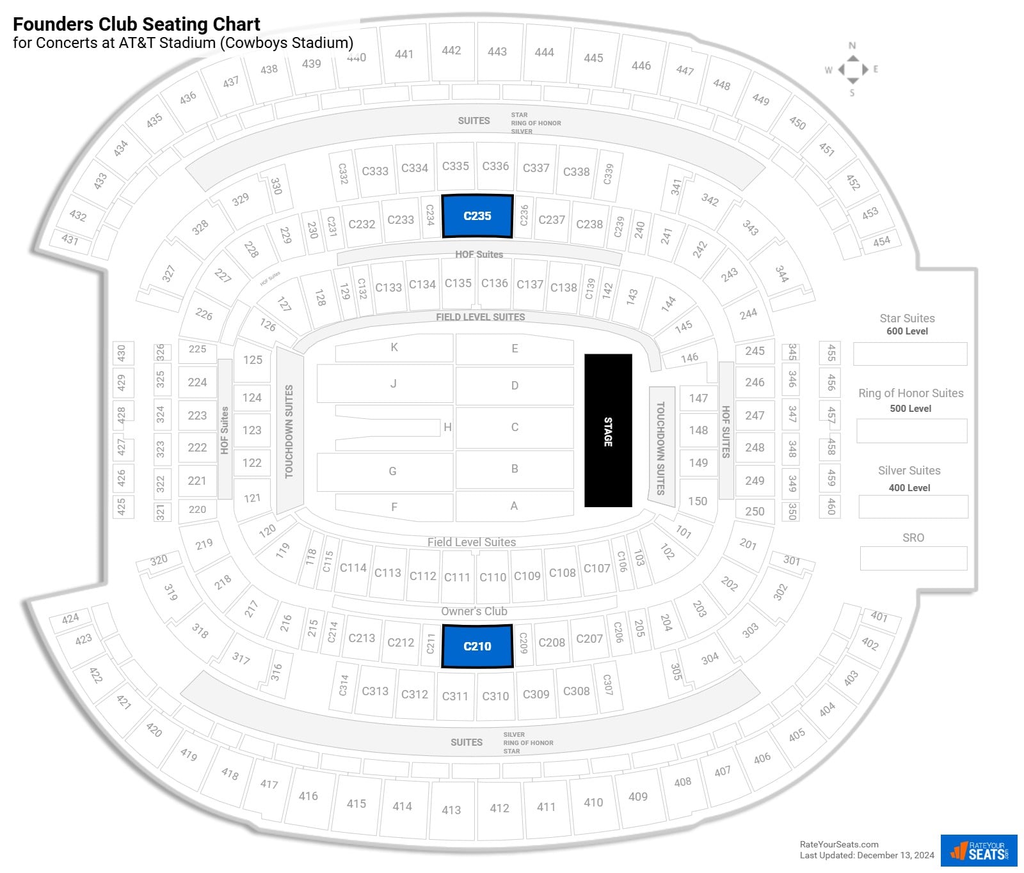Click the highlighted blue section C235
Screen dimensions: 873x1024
[477, 216]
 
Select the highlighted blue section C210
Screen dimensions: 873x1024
[477, 647]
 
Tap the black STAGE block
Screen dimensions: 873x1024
[608, 430]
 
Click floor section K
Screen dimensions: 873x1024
[394, 348]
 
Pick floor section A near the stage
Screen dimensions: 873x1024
[514, 506]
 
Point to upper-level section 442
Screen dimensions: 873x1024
[451, 51]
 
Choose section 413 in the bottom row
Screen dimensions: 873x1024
[451, 810]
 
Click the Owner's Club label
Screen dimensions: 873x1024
[474, 611]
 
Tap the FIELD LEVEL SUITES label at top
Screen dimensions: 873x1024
[480, 317]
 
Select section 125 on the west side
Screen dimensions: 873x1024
[253, 360]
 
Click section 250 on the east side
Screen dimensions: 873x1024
[755, 511]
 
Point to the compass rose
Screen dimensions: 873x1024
[852, 69]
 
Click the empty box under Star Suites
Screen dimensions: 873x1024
[910, 354]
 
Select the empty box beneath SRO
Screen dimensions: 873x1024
[913, 558]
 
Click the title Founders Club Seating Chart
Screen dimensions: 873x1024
[136, 24]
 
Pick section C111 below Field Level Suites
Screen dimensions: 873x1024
[457, 577]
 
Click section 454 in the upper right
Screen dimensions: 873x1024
[881, 242]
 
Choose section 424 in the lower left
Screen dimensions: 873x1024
[70, 618]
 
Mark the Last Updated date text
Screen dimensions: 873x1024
[867, 855]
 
